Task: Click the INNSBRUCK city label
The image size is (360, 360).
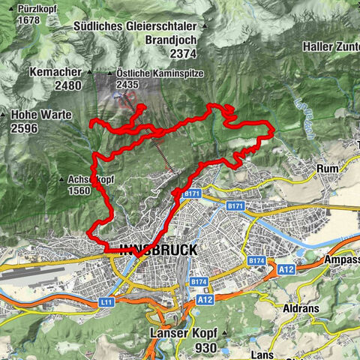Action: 158,250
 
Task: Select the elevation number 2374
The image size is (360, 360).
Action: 183,53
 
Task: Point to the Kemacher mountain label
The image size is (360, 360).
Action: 54,71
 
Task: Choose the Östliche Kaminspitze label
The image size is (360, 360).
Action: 149,73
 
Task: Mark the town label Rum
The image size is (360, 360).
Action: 328,169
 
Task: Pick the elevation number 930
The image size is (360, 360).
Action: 203,348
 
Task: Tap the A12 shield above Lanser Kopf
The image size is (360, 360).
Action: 205,299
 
